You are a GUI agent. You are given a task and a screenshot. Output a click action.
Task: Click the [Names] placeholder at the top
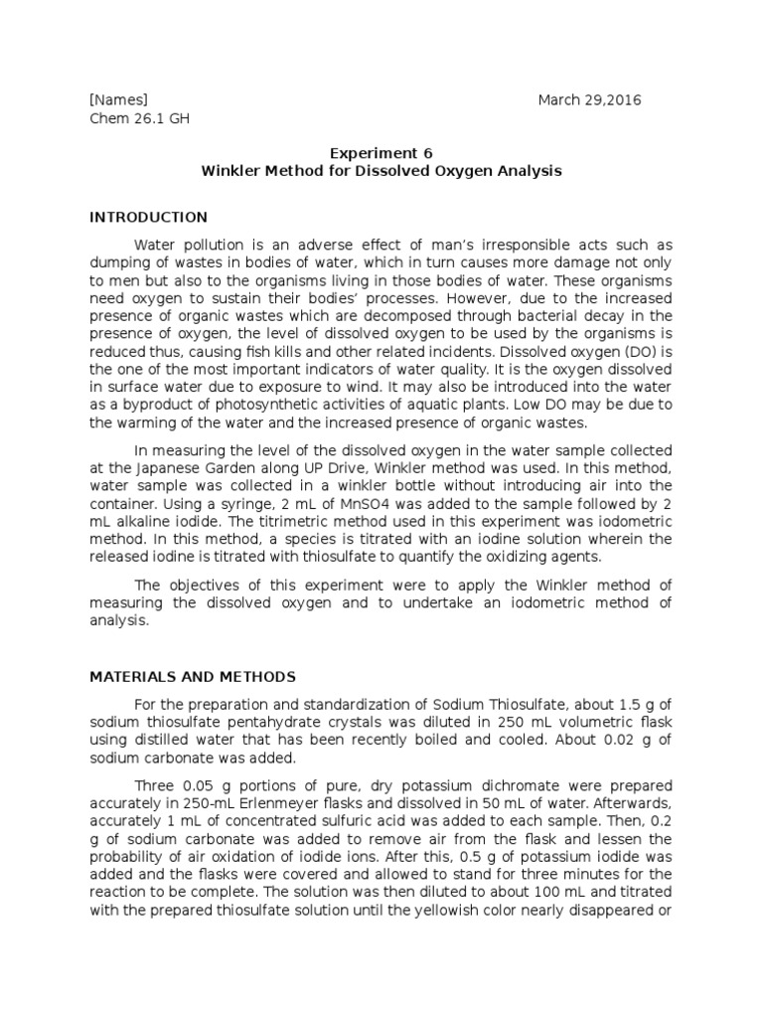pos(118,100)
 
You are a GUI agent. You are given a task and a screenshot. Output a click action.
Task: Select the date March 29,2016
pos(589,100)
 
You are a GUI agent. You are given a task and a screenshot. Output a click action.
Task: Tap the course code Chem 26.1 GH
pos(139,119)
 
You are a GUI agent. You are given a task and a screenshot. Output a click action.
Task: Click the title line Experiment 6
pos(381,153)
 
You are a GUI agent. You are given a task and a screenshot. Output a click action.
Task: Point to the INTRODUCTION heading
pos(148,218)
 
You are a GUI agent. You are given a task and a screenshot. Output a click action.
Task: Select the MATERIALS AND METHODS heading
pos(193,677)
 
